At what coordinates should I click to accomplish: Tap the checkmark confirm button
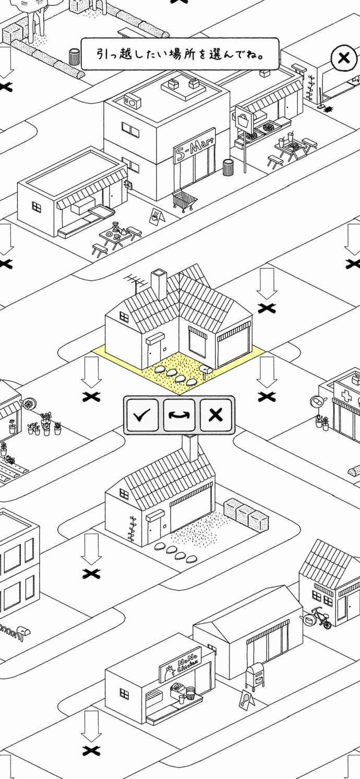[x=142, y=414]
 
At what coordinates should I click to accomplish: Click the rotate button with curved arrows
[x=179, y=414]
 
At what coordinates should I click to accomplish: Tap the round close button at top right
[x=344, y=58]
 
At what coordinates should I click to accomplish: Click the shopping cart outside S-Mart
[x=185, y=201]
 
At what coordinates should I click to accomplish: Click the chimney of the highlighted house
[x=159, y=284]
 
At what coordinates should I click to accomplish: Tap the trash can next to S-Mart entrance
[x=228, y=168]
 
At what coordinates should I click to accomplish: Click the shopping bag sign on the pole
[x=244, y=121]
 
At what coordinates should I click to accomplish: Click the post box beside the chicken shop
[x=255, y=675]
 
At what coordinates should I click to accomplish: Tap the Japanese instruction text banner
[x=180, y=54]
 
